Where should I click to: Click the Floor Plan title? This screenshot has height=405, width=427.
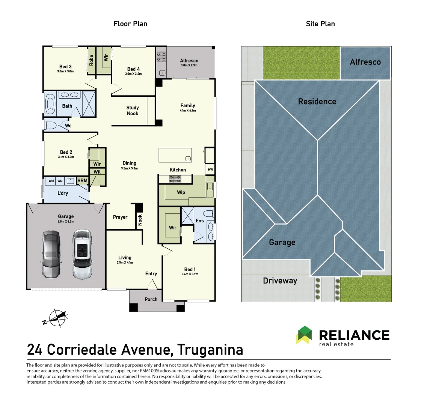[130, 24]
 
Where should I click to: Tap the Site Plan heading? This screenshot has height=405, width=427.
[320, 24]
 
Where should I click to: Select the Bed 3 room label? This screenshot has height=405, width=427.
[65, 67]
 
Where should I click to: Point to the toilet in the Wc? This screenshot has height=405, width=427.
[50, 125]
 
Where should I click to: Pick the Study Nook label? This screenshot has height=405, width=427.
[132, 111]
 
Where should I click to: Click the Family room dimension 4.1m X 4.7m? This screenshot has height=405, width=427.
[188, 111]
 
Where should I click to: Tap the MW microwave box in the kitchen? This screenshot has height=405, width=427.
[210, 170]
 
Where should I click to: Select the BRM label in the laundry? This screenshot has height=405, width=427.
[82, 181]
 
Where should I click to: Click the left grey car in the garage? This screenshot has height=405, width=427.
[51, 254]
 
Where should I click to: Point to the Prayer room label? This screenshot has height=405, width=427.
[120, 217]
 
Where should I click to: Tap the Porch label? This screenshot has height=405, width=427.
[151, 299]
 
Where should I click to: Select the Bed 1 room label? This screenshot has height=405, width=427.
[190, 269]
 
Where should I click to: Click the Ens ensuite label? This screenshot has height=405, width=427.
[200, 221]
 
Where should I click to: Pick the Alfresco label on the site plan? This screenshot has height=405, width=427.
[365, 62]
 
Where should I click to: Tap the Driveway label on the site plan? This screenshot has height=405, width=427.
[280, 281]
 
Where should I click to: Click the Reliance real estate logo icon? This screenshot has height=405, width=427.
[305, 335]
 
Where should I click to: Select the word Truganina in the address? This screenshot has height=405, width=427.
[210, 349]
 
